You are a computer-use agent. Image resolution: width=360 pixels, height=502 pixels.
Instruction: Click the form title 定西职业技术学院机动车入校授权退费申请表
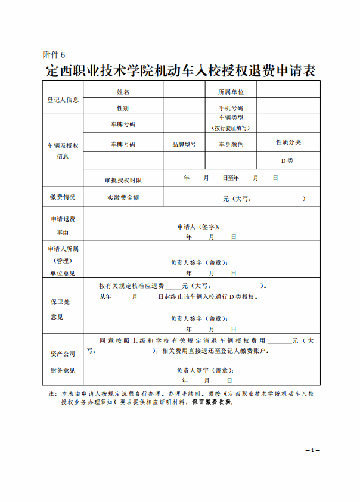click(180, 71)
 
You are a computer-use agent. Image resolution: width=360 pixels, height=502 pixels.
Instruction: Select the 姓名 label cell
click(123, 92)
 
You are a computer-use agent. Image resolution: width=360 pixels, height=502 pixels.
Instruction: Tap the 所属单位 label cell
click(231, 92)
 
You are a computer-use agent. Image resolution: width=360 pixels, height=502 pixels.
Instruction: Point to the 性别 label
click(123, 108)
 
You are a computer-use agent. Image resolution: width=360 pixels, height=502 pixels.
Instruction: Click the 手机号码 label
click(231, 108)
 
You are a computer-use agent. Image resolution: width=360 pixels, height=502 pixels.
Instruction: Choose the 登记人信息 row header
click(63, 100)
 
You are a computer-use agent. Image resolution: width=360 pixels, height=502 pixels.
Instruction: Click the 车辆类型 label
click(231, 118)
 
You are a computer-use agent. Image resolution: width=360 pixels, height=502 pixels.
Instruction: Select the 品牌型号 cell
click(184, 144)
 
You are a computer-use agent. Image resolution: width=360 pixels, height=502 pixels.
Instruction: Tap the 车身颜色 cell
click(231, 144)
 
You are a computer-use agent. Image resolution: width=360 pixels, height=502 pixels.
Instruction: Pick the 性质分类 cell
click(288, 142)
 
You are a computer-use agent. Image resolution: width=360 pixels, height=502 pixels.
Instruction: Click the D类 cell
click(288, 160)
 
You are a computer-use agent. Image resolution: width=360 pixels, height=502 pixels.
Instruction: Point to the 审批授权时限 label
click(123, 179)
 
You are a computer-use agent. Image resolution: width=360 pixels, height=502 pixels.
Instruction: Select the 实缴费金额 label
click(123, 197)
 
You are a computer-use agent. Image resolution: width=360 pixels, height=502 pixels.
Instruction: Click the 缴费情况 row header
click(63, 197)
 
